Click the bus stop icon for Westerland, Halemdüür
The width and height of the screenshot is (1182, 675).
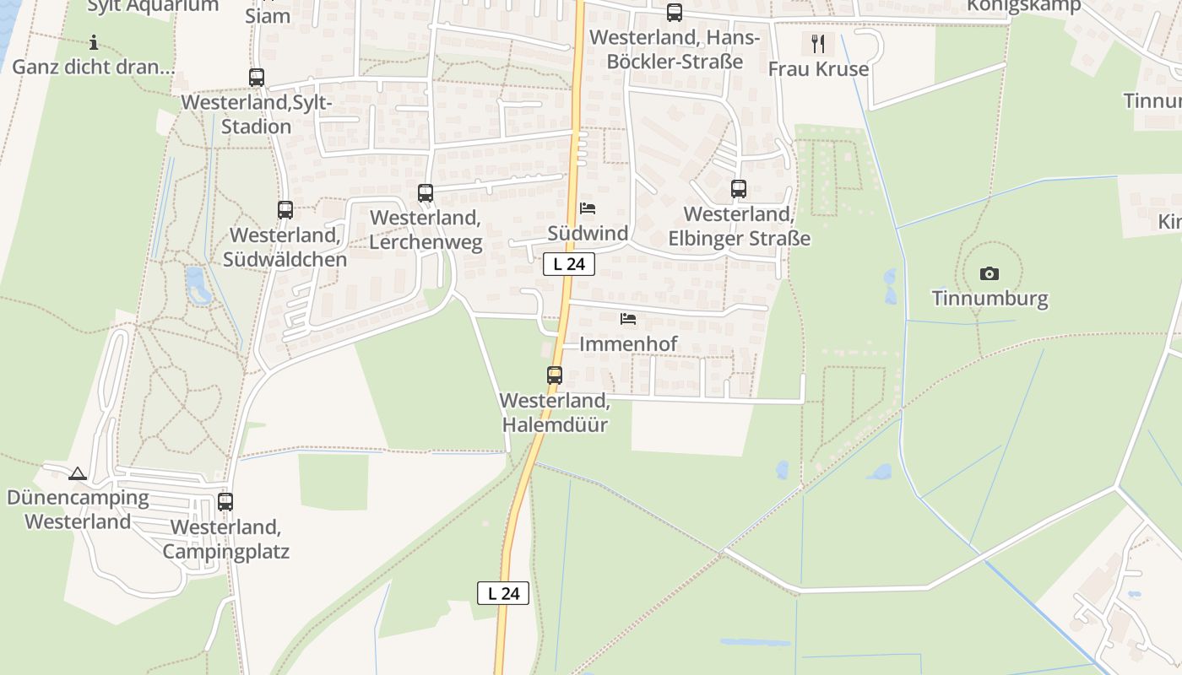pyautogui.click(x=555, y=375)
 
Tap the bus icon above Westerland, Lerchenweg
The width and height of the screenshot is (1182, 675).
pyautogui.click(x=426, y=192)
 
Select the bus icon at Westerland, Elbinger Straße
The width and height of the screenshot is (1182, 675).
pyautogui.click(x=739, y=189)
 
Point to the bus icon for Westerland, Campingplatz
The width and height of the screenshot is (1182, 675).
pyautogui.click(x=225, y=502)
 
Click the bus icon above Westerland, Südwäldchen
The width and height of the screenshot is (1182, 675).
pyautogui.click(x=285, y=210)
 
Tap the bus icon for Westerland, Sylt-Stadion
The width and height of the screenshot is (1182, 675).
pyautogui.click(x=257, y=78)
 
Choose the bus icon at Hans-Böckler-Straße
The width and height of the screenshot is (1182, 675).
pyautogui.click(x=674, y=13)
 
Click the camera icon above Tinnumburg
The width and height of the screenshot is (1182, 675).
pyautogui.click(x=990, y=273)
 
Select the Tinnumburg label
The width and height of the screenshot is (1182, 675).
pyautogui.click(x=990, y=299)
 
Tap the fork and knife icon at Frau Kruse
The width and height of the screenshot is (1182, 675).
pyautogui.click(x=817, y=43)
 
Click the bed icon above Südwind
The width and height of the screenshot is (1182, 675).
pyautogui.click(x=588, y=208)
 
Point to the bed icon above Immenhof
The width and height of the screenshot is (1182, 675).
pyautogui.click(x=628, y=319)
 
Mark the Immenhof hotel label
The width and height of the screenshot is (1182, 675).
pyautogui.click(x=628, y=344)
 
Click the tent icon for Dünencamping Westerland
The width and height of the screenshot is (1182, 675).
pyautogui.click(x=78, y=474)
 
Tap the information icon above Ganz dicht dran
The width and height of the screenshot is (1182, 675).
pyautogui.click(x=94, y=42)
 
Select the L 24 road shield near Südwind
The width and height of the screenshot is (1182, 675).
pyautogui.click(x=569, y=264)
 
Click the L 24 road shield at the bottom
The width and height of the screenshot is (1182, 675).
pyautogui.click(x=503, y=593)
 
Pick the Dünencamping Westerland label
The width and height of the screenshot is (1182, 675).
pyautogui.click(x=78, y=510)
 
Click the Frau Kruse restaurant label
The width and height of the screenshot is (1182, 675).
pyautogui.click(x=818, y=69)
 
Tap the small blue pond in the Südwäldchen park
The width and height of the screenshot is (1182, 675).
pyautogui.click(x=198, y=285)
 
